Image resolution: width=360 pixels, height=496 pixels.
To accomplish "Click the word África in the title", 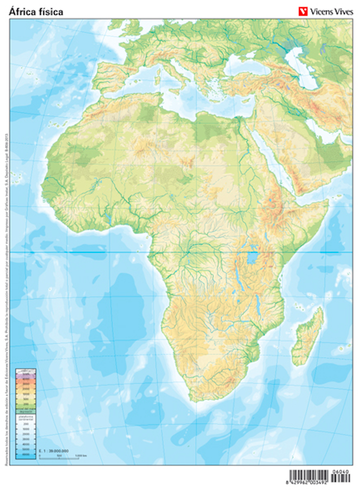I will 22,11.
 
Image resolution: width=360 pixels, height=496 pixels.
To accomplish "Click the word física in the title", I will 50,11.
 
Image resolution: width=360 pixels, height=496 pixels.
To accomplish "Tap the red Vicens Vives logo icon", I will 303,11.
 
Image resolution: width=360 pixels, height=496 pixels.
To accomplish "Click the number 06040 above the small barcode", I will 341,471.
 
